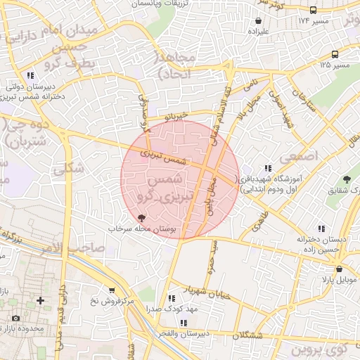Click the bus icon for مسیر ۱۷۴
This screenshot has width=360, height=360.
[313, 11]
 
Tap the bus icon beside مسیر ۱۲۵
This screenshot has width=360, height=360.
[335, 54]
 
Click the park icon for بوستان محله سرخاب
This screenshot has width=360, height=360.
[142, 218]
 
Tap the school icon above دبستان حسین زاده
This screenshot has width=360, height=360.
[322, 229]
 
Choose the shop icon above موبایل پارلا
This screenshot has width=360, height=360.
[340, 269]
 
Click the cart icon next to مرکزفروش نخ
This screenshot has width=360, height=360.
[111, 290]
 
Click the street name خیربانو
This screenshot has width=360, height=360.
[172, 115]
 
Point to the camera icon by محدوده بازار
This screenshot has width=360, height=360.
[15, 319]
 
